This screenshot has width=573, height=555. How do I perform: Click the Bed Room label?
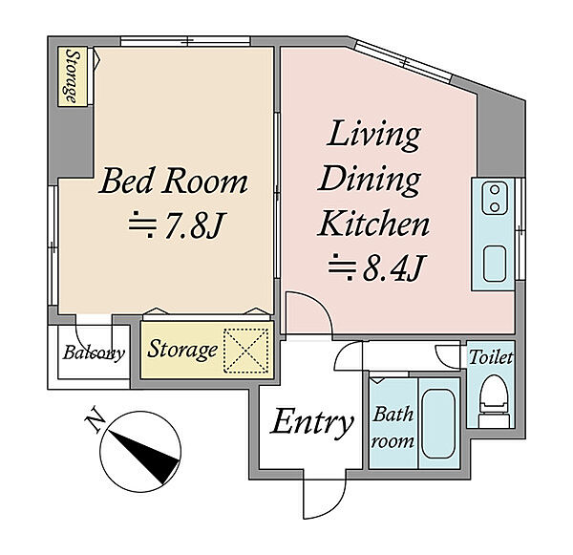point(173,181)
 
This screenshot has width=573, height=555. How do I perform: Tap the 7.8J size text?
point(177,224)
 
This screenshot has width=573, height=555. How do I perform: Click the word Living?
point(373,137)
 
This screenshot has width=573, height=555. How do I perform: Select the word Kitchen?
point(373,224)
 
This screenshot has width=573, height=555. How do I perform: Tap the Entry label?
point(311,424)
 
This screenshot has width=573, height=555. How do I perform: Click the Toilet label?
point(491,357)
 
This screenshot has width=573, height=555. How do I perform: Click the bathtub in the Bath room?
point(438,423)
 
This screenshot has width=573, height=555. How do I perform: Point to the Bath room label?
point(393,428)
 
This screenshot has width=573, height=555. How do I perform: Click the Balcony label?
point(94,353)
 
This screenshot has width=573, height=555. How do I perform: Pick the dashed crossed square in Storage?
point(246,351)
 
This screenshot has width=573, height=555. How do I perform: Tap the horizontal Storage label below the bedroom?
point(182,350)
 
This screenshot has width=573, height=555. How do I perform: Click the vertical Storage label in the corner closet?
point(73,76)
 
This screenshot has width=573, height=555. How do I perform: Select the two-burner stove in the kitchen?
point(495,199)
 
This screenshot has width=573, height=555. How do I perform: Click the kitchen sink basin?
point(495,264)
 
